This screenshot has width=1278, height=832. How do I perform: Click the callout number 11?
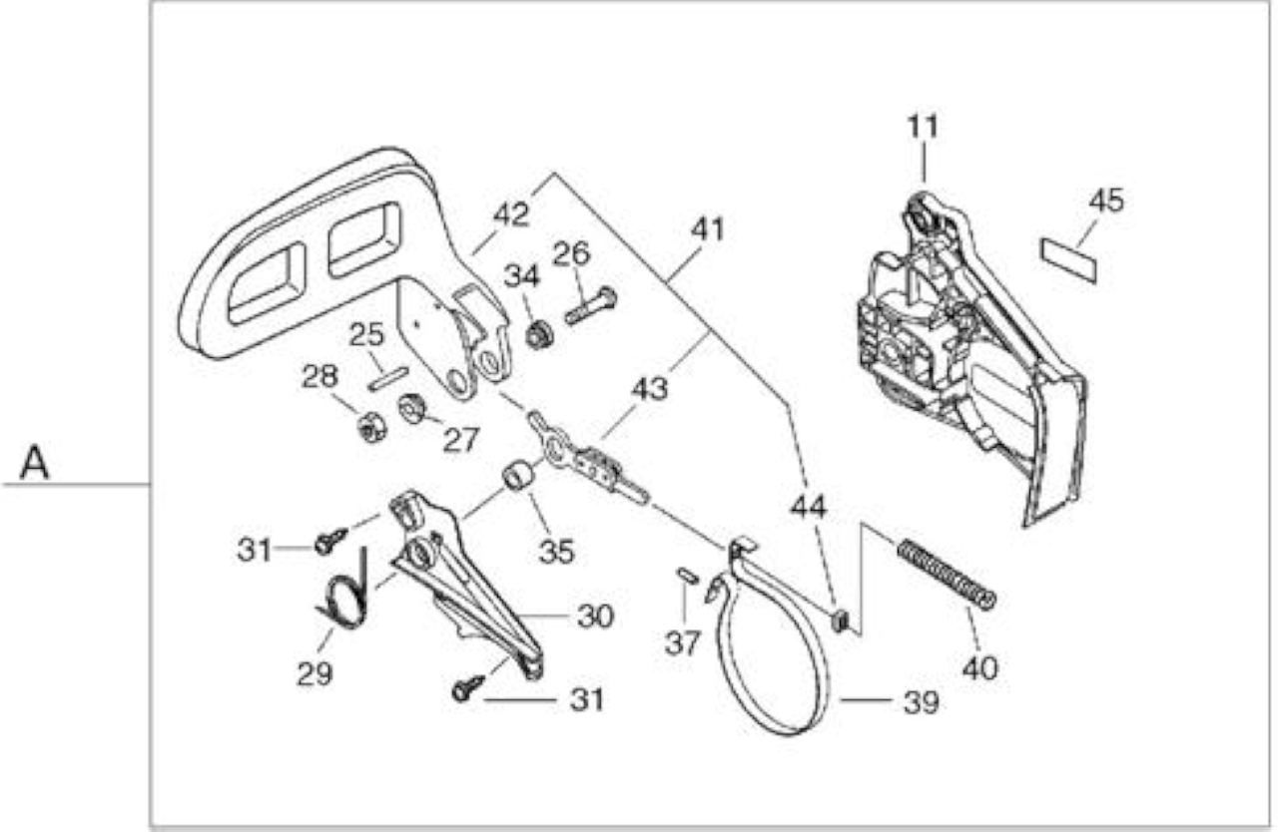point(923,127)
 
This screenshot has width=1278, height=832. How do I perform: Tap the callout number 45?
point(1106,201)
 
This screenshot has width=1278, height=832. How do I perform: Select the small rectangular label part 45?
point(1068,260)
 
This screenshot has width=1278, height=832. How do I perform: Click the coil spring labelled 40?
point(947,575)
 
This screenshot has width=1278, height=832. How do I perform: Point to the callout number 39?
point(922,702)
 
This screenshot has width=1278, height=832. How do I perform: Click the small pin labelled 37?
point(688,575)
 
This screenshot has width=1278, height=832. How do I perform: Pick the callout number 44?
point(809,507)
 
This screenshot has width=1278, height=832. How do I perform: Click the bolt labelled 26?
point(591,306)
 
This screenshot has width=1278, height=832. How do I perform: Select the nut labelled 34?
point(539,335)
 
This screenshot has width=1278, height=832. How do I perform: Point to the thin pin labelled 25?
point(388,379)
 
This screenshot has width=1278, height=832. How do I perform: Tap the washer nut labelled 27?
point(412,407)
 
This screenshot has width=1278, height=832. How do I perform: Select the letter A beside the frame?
point(34,463)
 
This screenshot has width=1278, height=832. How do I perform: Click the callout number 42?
point(511,214)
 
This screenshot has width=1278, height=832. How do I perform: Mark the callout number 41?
point(708,229)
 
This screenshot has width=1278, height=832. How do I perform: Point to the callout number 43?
point(649,390)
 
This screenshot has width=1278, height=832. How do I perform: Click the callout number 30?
point(595,617)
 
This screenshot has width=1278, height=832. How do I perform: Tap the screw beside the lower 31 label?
point(468,687)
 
